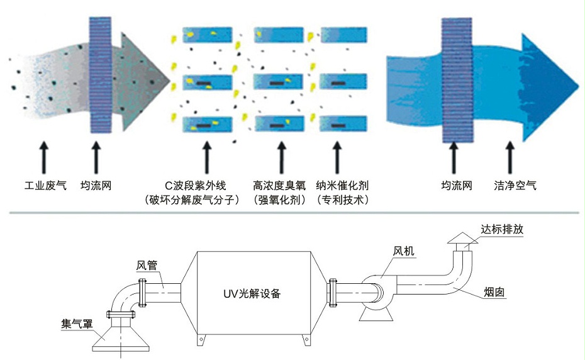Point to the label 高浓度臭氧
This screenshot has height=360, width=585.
279,186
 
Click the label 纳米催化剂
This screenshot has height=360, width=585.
343,186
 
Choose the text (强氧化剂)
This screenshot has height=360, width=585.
279,201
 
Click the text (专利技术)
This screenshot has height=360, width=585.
343,201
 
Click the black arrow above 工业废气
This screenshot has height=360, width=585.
43,157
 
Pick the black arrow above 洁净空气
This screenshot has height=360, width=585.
511,157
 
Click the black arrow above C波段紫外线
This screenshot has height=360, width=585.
206,157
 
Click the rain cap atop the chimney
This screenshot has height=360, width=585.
462,239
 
